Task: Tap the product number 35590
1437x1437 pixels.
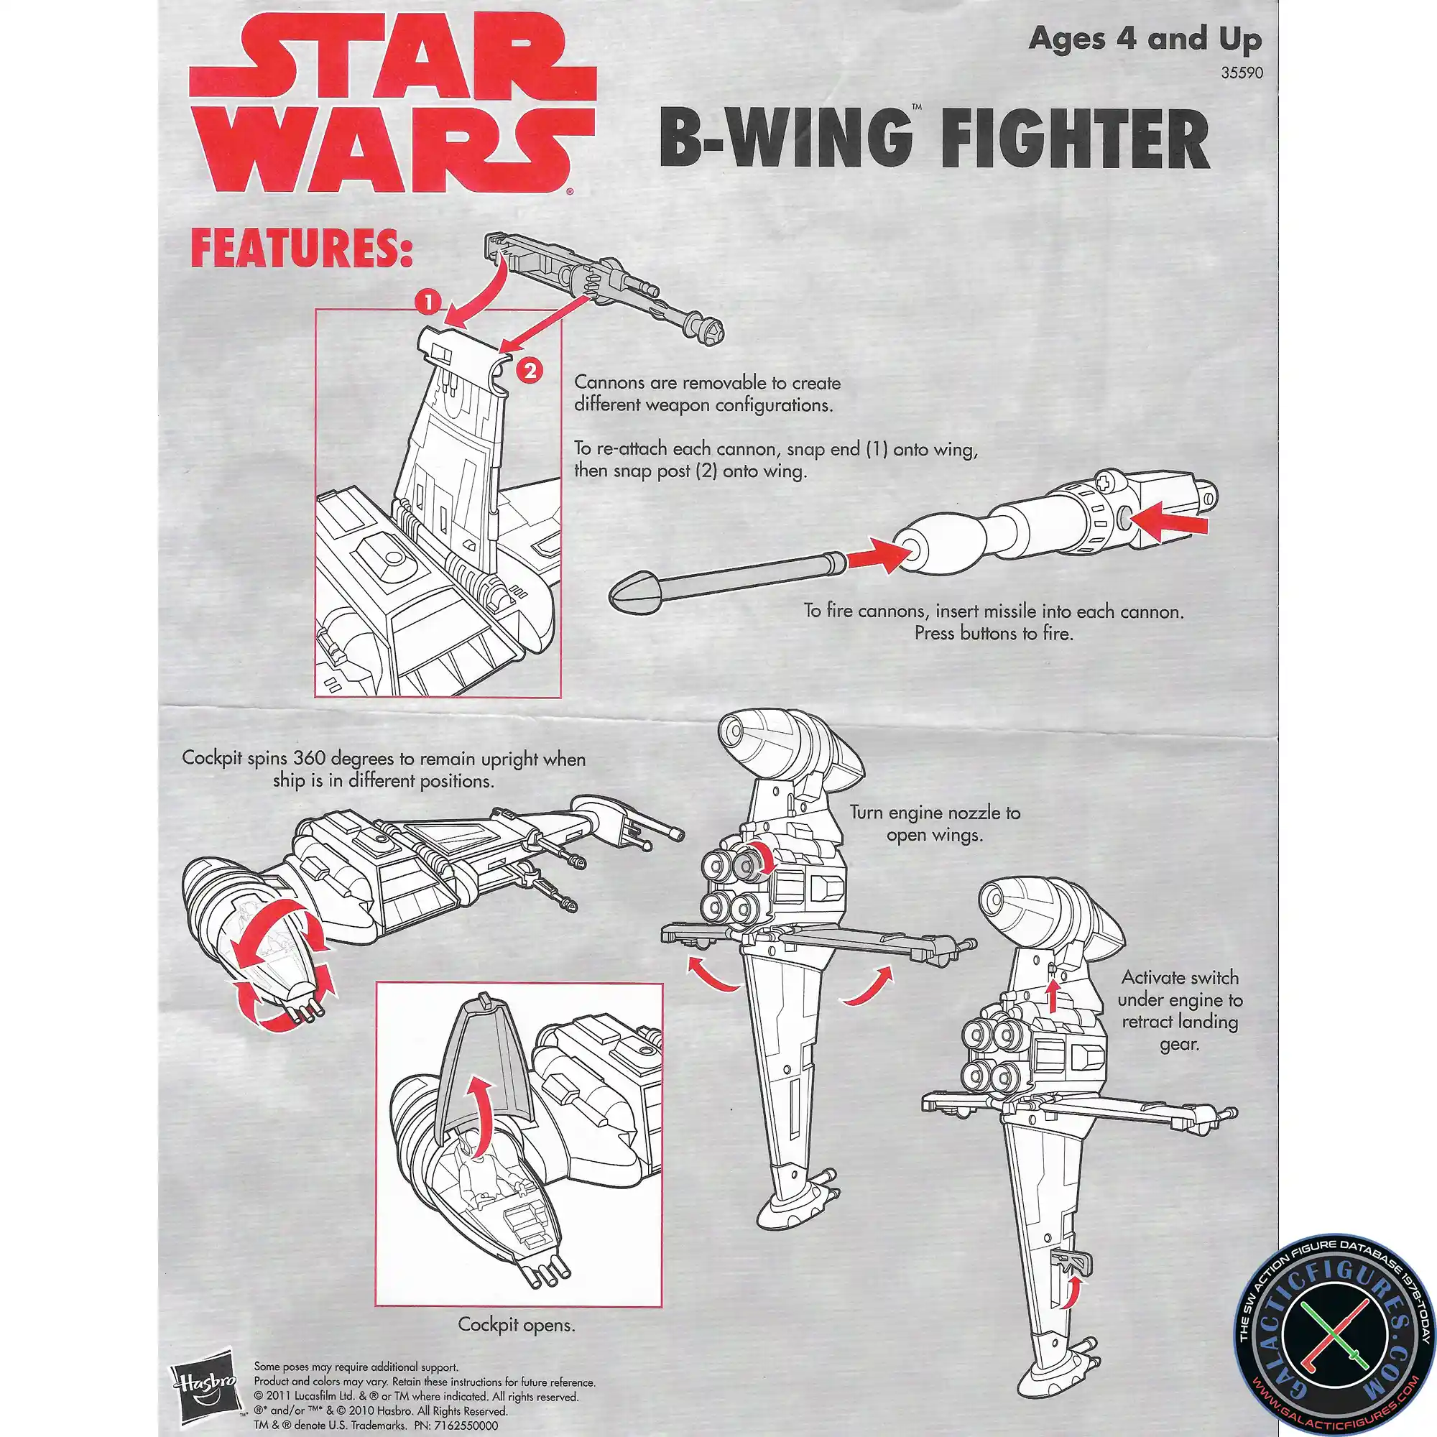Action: [1242, 73]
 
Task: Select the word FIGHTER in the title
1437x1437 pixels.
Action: [1074, 140]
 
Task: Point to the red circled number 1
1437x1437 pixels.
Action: [428, 302]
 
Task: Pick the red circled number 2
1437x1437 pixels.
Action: [530, 369]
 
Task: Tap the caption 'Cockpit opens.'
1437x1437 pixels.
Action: [516, 1325]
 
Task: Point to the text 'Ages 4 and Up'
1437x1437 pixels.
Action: [1145, 39]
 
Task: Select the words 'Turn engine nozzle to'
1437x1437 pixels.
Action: [934, 812]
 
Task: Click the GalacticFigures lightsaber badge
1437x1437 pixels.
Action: [1335, 1335]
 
